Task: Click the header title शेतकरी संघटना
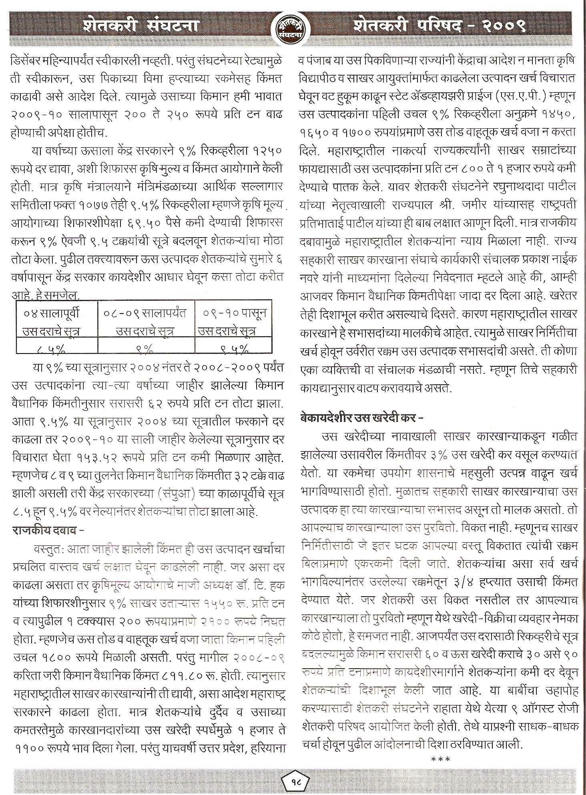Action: (x=141, y=26)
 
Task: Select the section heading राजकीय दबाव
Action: (x=48, y=531)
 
